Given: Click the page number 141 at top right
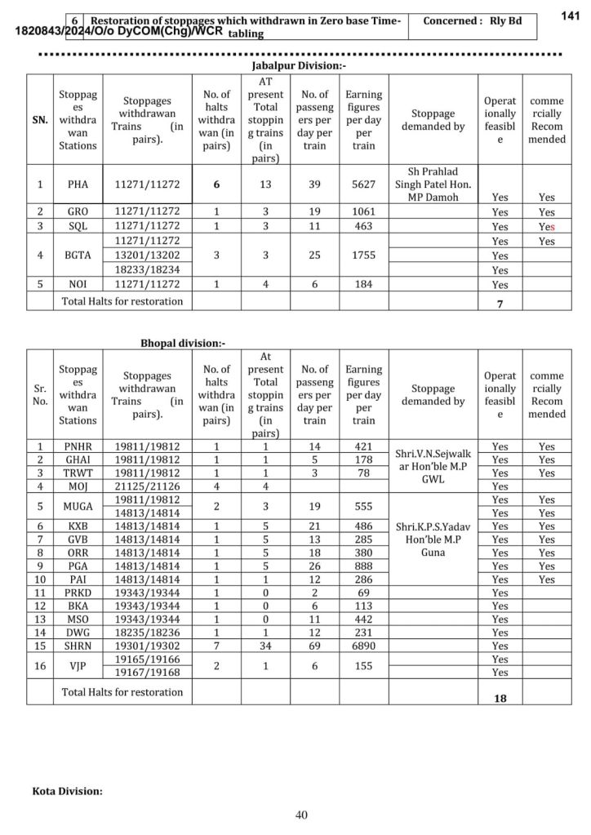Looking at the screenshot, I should pyautogui.click(x=571, y=16).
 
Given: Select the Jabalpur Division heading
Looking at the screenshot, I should pyautogui.click(x=299, y=65).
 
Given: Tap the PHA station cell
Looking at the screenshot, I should pyautogui.click(x=78, y=184).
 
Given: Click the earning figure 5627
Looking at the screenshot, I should pyautogui.click(x=363, y=184).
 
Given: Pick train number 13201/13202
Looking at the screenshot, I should pyautogui.click(x=147, y=255).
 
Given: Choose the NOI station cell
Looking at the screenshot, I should pyautogui.click(x=78, y=284).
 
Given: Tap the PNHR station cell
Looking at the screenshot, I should pyautogui.click(x=78, y=446).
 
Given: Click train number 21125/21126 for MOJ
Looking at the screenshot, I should pyautogui.click(x=147, y=486).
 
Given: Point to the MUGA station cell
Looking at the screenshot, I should pyautogui.click(x=78, y=506).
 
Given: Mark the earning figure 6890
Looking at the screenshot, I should pyautogui.click(x=363, y=646).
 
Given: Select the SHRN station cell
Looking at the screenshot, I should pyautogui.click(x=78, y=646).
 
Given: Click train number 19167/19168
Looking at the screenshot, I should pyautogui.click(x=147, y=672).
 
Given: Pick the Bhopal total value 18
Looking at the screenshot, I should pyautogui.click(x=500, y=699).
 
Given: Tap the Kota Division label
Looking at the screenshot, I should pyautogui.click(x=68, y=791).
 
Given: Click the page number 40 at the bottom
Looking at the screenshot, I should pyautogui.click(x=301, y=815).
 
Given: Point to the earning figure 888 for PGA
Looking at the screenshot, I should pyautogui.click(x=363, y=566).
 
